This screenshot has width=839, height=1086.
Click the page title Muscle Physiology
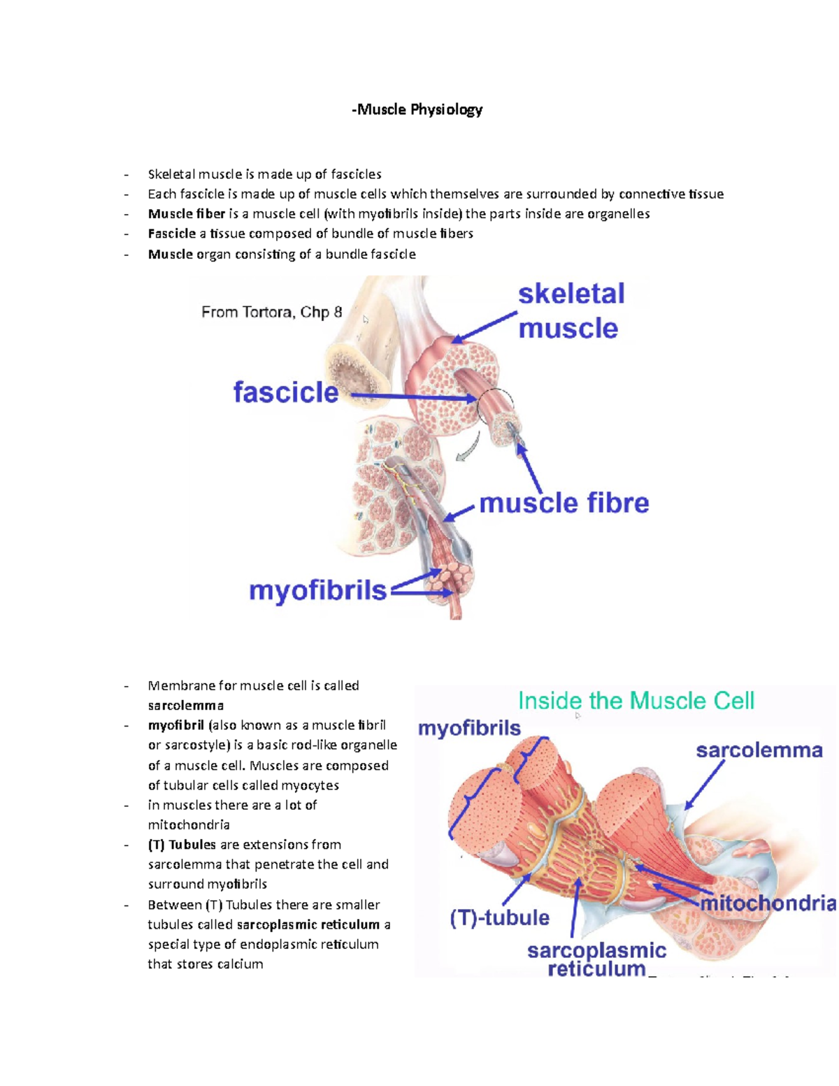417,110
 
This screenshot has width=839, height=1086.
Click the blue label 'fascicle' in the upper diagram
286,392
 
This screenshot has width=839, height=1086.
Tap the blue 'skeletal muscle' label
571,311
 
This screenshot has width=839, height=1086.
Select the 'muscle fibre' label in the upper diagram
564,503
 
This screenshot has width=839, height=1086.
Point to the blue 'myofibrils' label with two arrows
318,591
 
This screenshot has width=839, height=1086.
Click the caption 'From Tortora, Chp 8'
271,312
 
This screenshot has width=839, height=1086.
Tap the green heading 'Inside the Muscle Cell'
636,701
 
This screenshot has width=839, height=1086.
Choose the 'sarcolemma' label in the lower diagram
759,750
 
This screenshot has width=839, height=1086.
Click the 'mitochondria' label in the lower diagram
768,903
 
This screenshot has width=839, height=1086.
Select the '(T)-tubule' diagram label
499,917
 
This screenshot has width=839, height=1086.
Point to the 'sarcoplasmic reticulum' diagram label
596,959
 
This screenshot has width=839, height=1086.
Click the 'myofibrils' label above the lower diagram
469,729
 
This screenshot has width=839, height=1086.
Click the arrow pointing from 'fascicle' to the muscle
413,397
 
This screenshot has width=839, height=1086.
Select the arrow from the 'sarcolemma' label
704,785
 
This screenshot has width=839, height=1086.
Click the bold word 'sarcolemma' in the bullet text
186,706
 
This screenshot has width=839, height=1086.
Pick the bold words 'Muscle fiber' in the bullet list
187,214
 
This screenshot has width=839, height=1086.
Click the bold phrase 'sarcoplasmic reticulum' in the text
308,924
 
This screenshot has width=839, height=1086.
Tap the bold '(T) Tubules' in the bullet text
182,845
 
